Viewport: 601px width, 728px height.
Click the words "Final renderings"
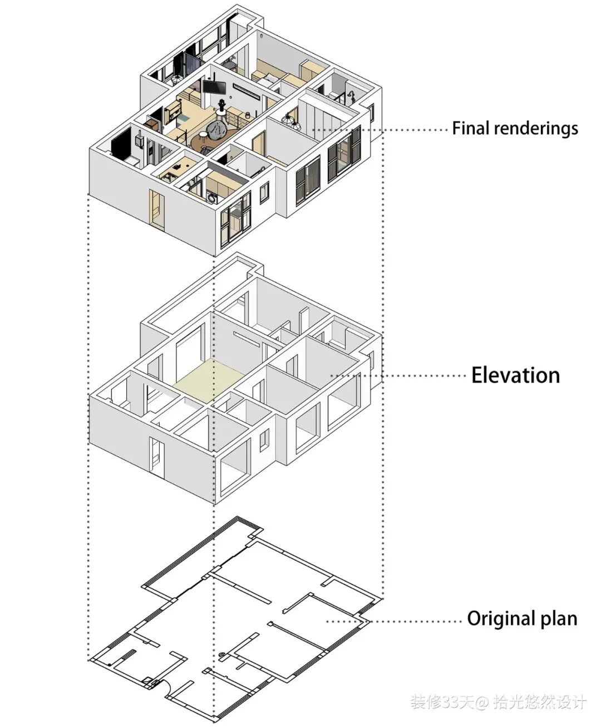(515, 129)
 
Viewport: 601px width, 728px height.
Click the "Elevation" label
(515, 375)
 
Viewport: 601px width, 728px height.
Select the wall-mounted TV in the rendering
(214, 87)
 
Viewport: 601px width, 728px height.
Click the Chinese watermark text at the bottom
(498, 702)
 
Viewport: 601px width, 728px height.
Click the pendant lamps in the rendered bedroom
(290, 119)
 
